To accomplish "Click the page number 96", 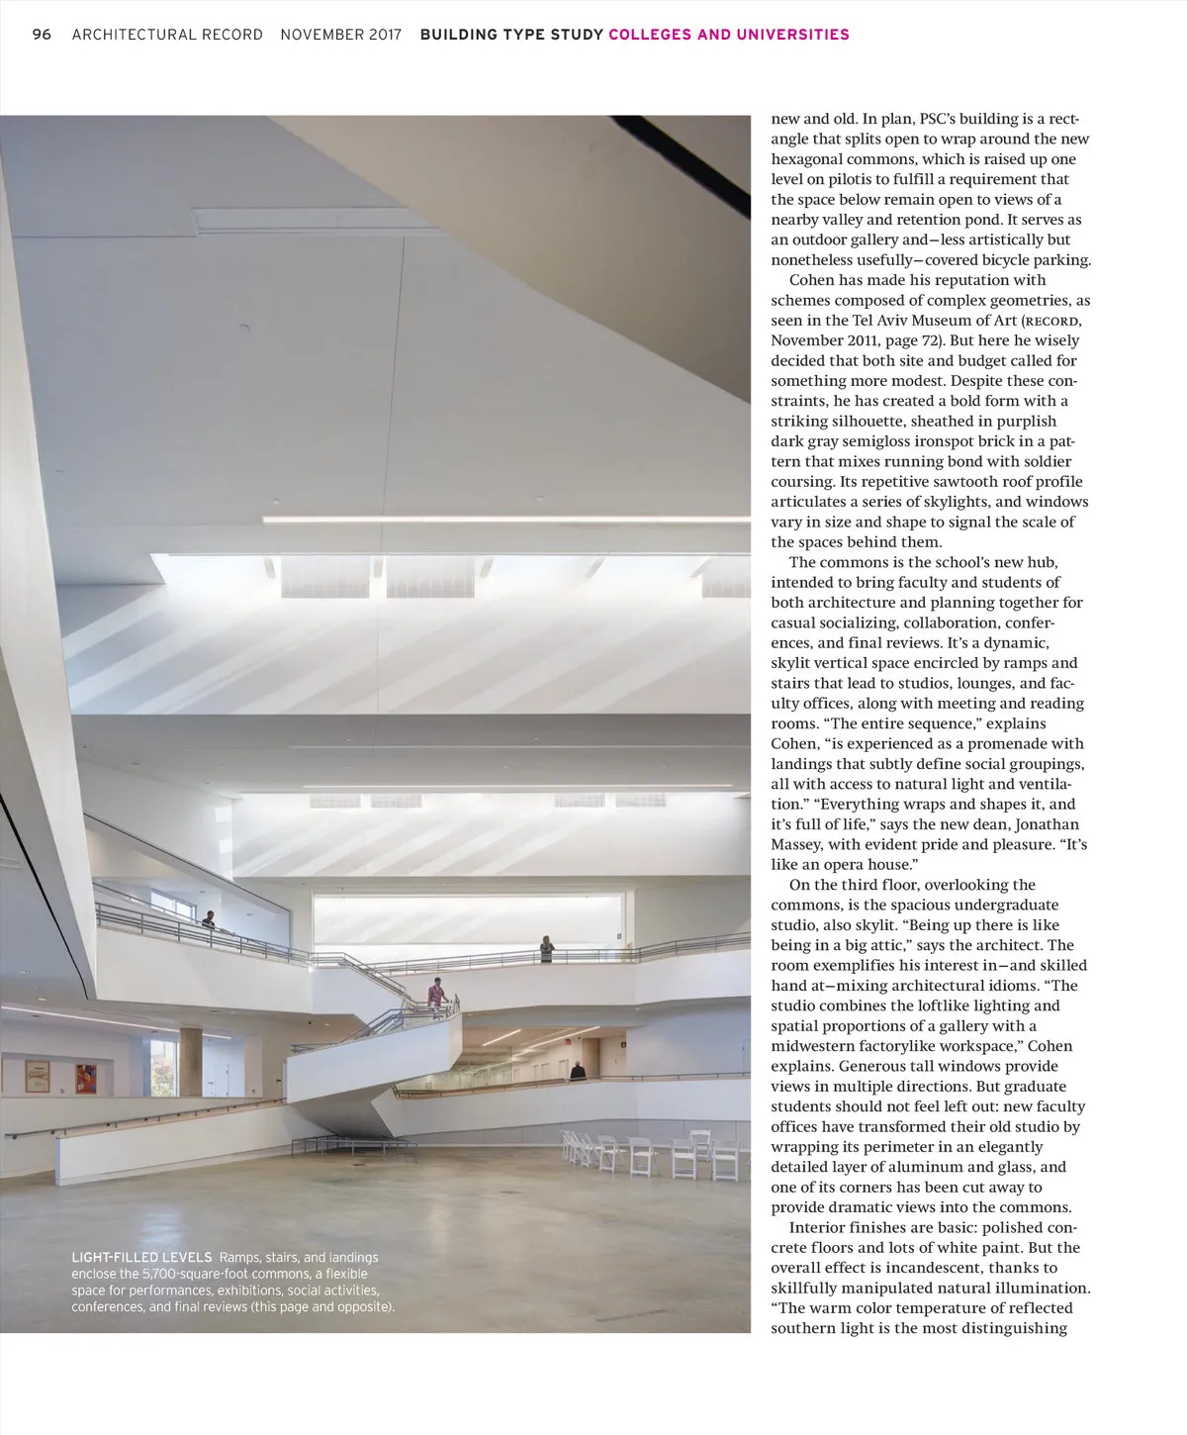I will point(42,35).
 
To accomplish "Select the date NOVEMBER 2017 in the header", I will point(341,35).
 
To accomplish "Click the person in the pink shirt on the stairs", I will point(436,994).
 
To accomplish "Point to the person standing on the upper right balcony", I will point(546,949).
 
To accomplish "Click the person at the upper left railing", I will point(209,919).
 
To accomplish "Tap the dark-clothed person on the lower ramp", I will point(577,1071).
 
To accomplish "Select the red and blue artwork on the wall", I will point(86,1076).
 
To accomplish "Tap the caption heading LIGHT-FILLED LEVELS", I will point(141,1257).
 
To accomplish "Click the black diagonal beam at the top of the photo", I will point(683,158).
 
